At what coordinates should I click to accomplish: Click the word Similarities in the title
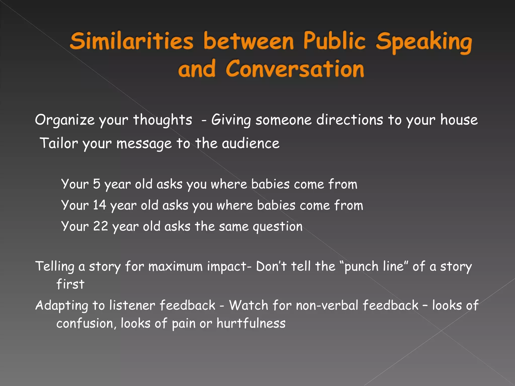click(x=132, y=41)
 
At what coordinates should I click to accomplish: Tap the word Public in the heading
click(x=334, y=40)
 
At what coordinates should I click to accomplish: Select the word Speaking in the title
click(x=424, y=41)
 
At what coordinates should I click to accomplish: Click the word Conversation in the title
click(x=295, y=69)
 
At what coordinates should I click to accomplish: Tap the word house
click(x=459, y=120)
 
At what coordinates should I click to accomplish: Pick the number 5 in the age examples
click(x=97, y=184)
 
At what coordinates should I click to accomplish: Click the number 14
click(x=100, y=205)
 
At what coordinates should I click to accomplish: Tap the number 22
click(x=100, y=226)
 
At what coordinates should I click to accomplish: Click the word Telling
click(x=55, y=266)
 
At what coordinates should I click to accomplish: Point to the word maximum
click(x=175, y=266)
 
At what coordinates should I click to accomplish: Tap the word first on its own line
click(x=70, y=284)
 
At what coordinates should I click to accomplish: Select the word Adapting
click(x=62, y=306)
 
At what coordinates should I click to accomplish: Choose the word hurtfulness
click(x=251, y=323)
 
